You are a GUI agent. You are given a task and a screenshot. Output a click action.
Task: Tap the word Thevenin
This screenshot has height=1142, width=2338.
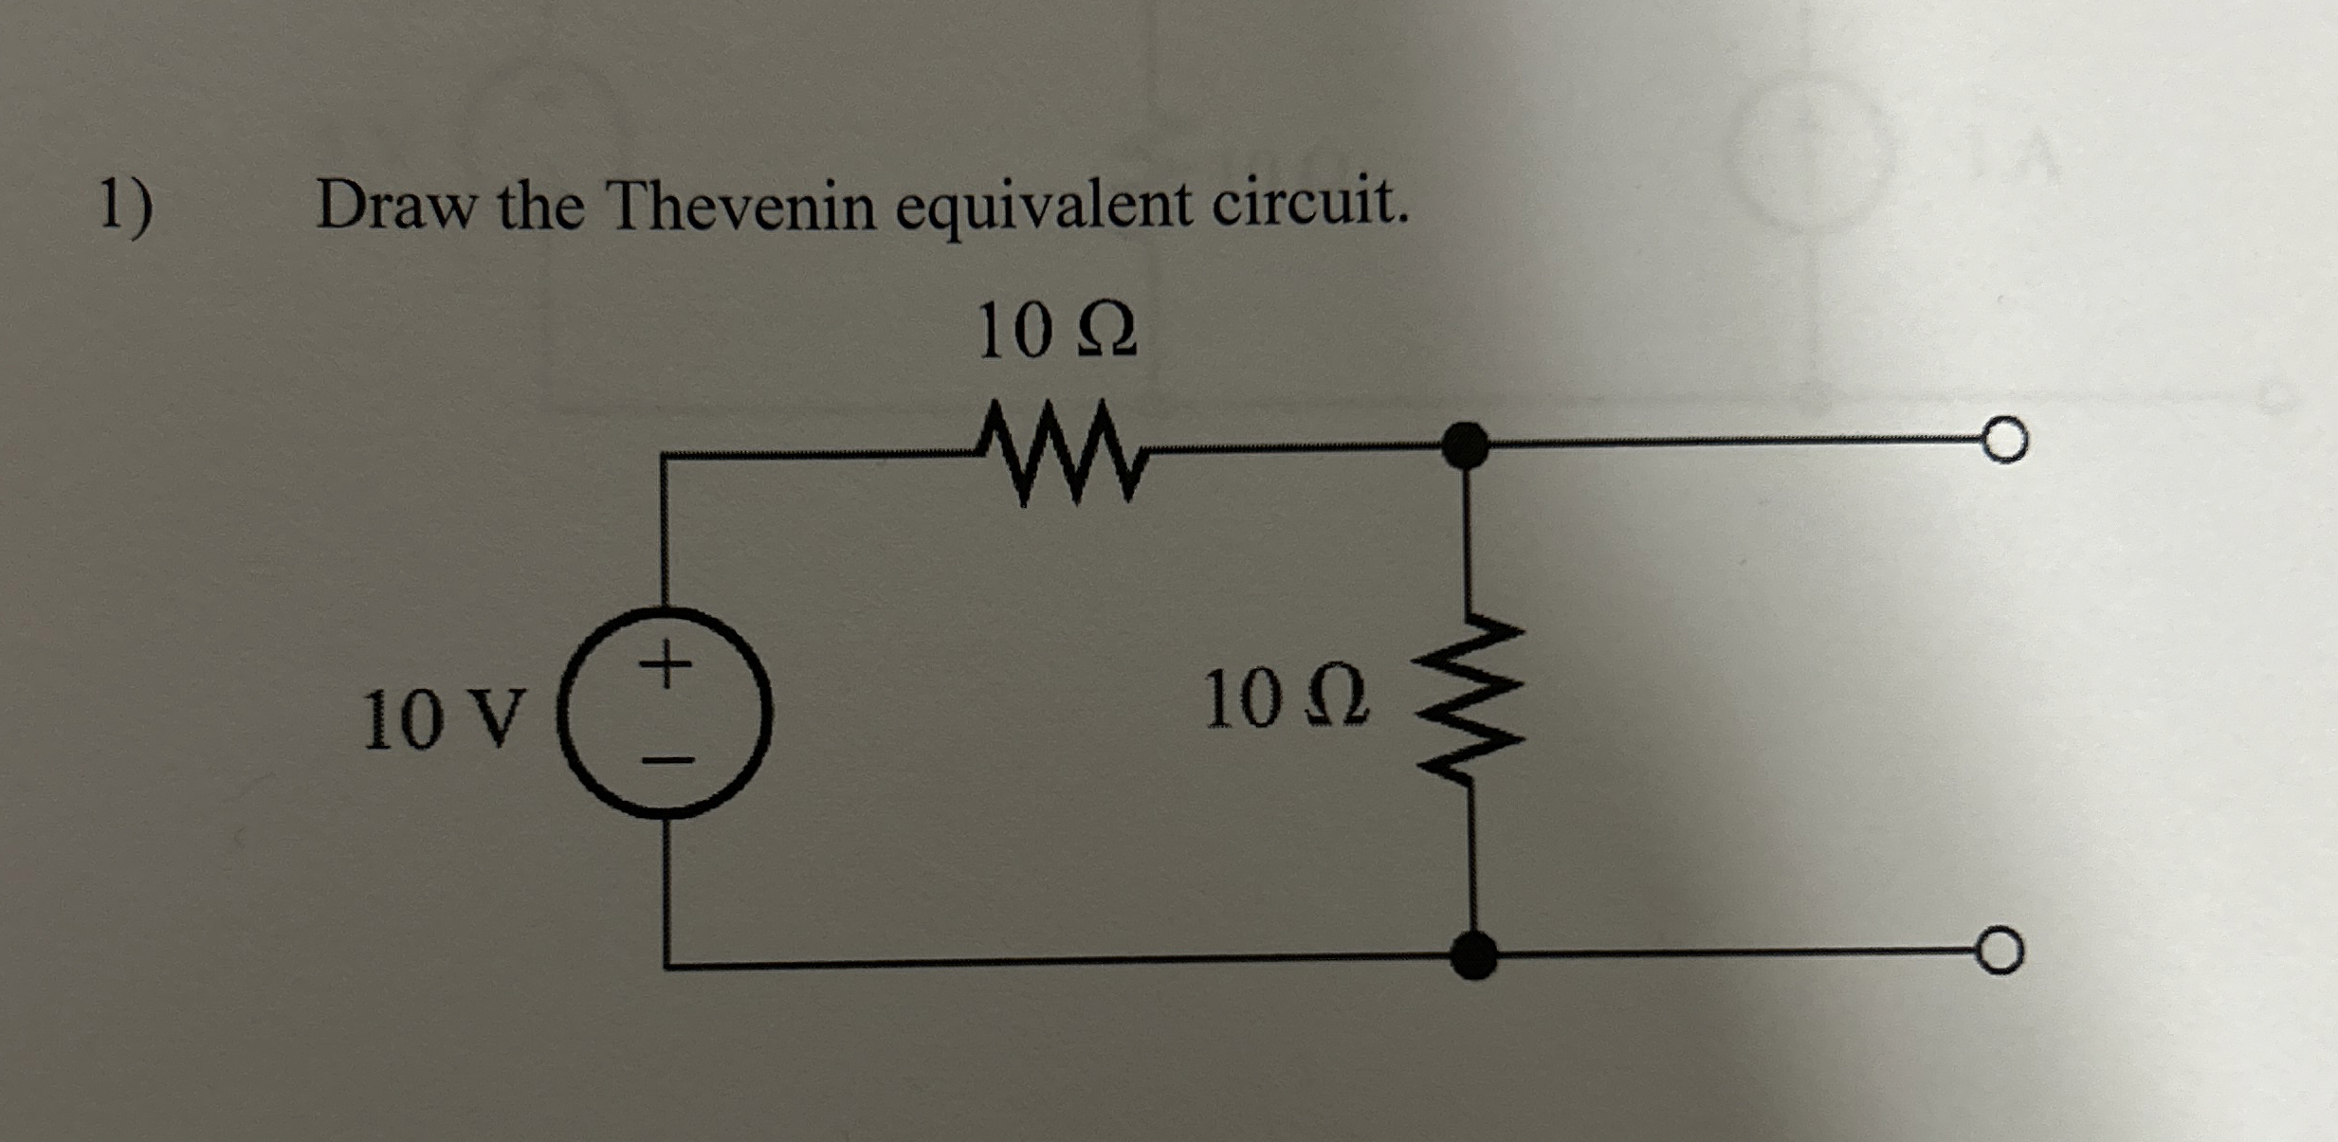point(742,206)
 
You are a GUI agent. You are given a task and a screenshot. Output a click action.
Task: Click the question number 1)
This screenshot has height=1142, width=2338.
point(126,206)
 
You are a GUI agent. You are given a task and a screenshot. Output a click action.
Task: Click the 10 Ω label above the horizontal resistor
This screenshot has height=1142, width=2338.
point(1056,331)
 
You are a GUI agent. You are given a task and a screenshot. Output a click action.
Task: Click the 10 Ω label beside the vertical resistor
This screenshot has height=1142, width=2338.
point(1286,700)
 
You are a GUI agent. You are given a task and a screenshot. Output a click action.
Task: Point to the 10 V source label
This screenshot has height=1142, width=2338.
point(443,718)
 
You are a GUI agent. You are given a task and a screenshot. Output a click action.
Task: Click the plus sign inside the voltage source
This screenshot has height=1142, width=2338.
point(667,663)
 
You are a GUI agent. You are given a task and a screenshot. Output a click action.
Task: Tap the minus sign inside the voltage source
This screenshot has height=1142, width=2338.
point(668,760)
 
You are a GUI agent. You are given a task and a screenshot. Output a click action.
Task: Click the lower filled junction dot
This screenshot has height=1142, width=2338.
point(1473,954)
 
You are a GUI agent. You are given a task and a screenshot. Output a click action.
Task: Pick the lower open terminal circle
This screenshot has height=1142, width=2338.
point(2000,951)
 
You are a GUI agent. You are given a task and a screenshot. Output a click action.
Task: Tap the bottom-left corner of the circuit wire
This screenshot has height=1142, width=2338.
point(667,965)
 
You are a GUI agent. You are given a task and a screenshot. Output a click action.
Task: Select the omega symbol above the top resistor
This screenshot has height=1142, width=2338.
point(1107,332)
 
